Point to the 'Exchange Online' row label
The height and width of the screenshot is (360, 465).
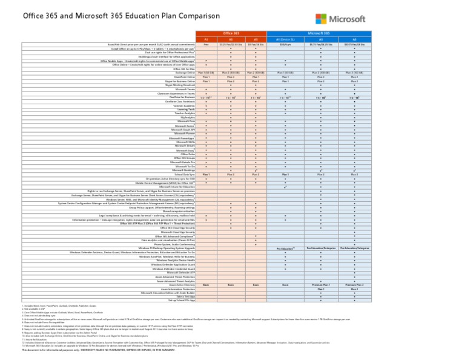coord(185,73)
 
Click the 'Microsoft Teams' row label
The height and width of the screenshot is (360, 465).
coord(185,89)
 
